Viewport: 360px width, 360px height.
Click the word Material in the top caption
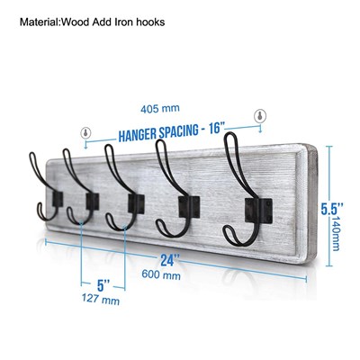click(40, 22)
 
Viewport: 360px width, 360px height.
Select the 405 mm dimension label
click(160, 108)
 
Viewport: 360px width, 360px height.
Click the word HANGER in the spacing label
click(139, 134)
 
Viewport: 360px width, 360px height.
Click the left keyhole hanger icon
click(85, 132)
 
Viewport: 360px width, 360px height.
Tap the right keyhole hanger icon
click(260, 116)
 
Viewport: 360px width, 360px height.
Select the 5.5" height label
click(332, 209)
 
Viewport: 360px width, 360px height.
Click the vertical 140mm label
click(335, 234)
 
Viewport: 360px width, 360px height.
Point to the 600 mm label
click(161, 274)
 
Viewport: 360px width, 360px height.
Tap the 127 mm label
click(101, 299)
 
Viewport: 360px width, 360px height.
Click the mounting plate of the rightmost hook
click(258, 211)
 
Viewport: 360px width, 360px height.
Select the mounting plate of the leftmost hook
click(58, 199)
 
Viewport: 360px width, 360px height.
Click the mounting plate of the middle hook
click(136, 204)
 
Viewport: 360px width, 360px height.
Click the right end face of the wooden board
click(312, 204)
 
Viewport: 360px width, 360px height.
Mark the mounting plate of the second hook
click(93, 202)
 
